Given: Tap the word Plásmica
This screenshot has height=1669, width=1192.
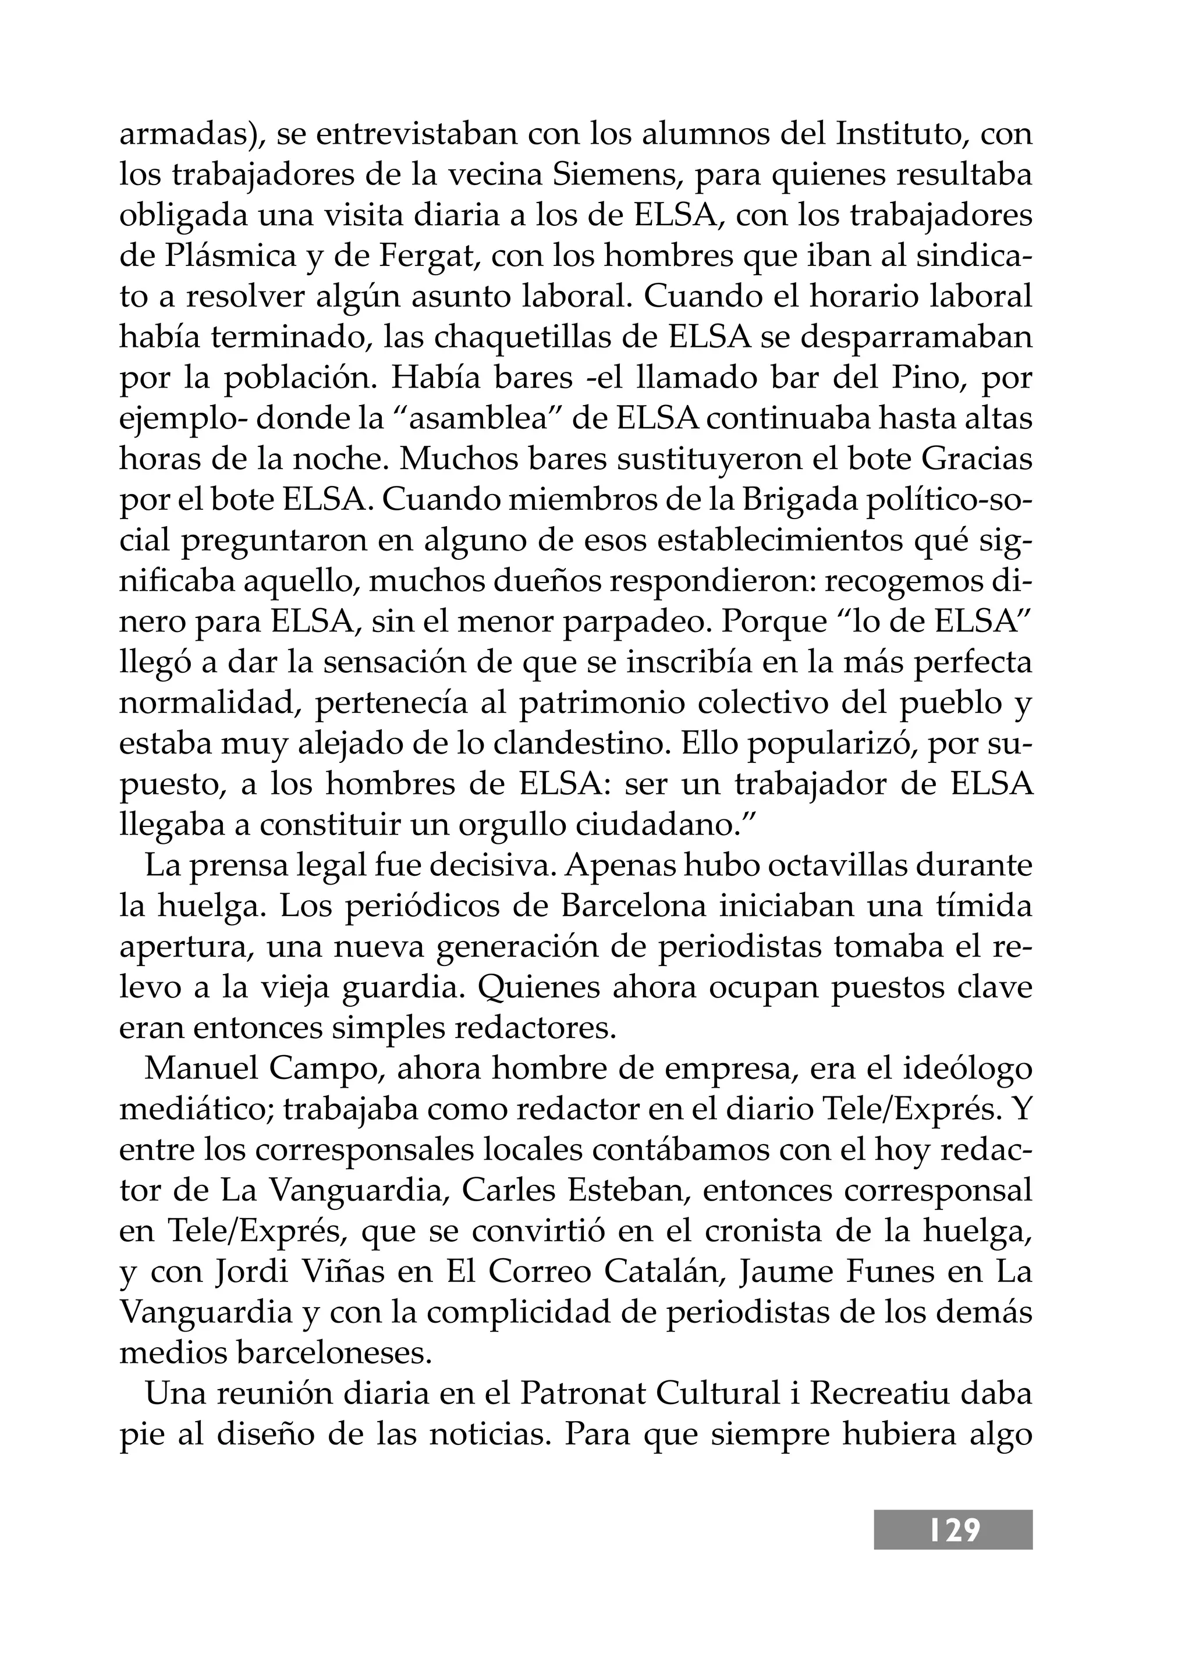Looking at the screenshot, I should point(244,256).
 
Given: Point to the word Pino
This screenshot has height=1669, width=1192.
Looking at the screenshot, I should point(925,378).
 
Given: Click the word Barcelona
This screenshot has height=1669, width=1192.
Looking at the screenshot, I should point(634,907).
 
